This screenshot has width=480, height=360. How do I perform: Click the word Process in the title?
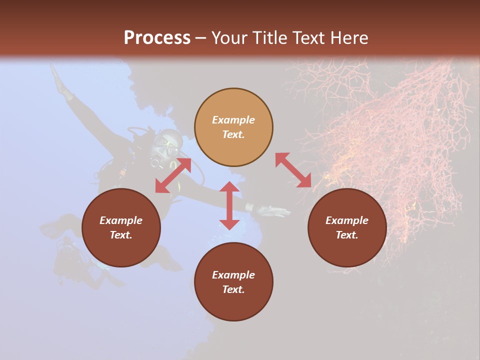[157, 38]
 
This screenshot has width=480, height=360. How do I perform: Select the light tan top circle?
[233, 127]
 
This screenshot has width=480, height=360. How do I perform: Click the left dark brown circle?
[121, 227]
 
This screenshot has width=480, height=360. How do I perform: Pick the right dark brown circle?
[346, 227]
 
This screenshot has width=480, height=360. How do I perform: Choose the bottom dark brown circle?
[233, 281]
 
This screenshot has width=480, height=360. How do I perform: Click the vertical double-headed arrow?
[229, 205]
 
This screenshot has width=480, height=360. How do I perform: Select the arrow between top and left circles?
[173, 175]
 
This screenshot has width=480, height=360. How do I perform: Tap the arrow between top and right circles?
[293, 170]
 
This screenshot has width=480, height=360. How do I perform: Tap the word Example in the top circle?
[233, 120]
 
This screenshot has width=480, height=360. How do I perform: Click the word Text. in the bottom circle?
[233, 289]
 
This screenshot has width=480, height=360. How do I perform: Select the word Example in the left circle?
[121, 220]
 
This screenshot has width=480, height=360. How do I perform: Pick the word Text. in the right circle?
[346, 235]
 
